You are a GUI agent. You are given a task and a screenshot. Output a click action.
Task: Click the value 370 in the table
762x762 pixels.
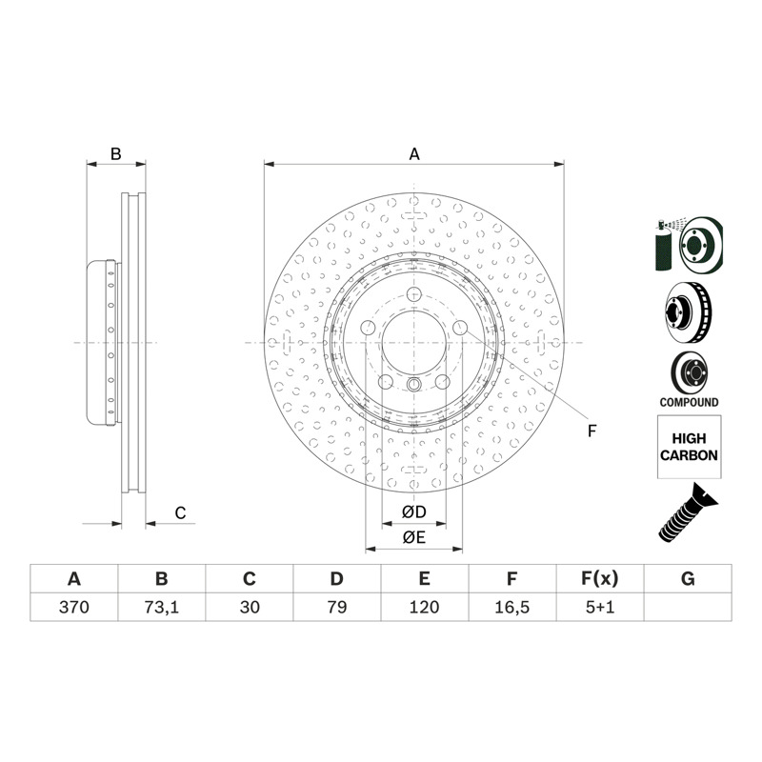coord(74,607)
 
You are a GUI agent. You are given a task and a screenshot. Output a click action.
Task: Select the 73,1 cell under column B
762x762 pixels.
coord(161,607)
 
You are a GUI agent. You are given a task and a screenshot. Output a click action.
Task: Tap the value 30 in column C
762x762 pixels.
coord(250,607)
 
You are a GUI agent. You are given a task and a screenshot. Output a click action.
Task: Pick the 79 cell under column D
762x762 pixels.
coord(337,607)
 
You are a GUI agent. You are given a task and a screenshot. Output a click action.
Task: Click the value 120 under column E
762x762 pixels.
coord(424,607)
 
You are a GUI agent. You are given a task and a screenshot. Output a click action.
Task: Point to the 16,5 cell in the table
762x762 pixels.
coord(511,607)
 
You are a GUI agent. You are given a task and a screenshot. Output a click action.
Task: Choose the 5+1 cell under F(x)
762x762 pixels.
coord(600,607)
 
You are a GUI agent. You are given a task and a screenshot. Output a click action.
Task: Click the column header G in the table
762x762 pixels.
coord(688,579)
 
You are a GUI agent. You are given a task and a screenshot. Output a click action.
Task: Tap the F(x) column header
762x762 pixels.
coord(600,579)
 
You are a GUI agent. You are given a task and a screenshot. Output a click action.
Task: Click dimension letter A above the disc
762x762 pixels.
coord(414,154)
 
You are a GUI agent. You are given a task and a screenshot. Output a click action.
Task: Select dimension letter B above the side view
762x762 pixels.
coord(115,154)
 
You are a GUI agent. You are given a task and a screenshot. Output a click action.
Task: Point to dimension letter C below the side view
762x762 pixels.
coord(180,513)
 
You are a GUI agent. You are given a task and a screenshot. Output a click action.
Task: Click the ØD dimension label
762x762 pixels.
coord(414,511)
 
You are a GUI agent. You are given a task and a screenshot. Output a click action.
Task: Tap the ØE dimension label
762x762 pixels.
coord(414,537)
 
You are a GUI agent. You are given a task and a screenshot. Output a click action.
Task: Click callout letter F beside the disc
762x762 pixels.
coord(592,431)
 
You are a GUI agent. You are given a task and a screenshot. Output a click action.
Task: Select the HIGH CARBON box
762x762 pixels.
coord(689,447)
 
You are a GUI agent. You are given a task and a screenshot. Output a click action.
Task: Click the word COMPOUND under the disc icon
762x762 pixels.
coord(689,402)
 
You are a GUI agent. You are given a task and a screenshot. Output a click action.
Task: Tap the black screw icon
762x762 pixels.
coord(688,512)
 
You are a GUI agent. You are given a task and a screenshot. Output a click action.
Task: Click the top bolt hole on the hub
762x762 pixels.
coord(414,294)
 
